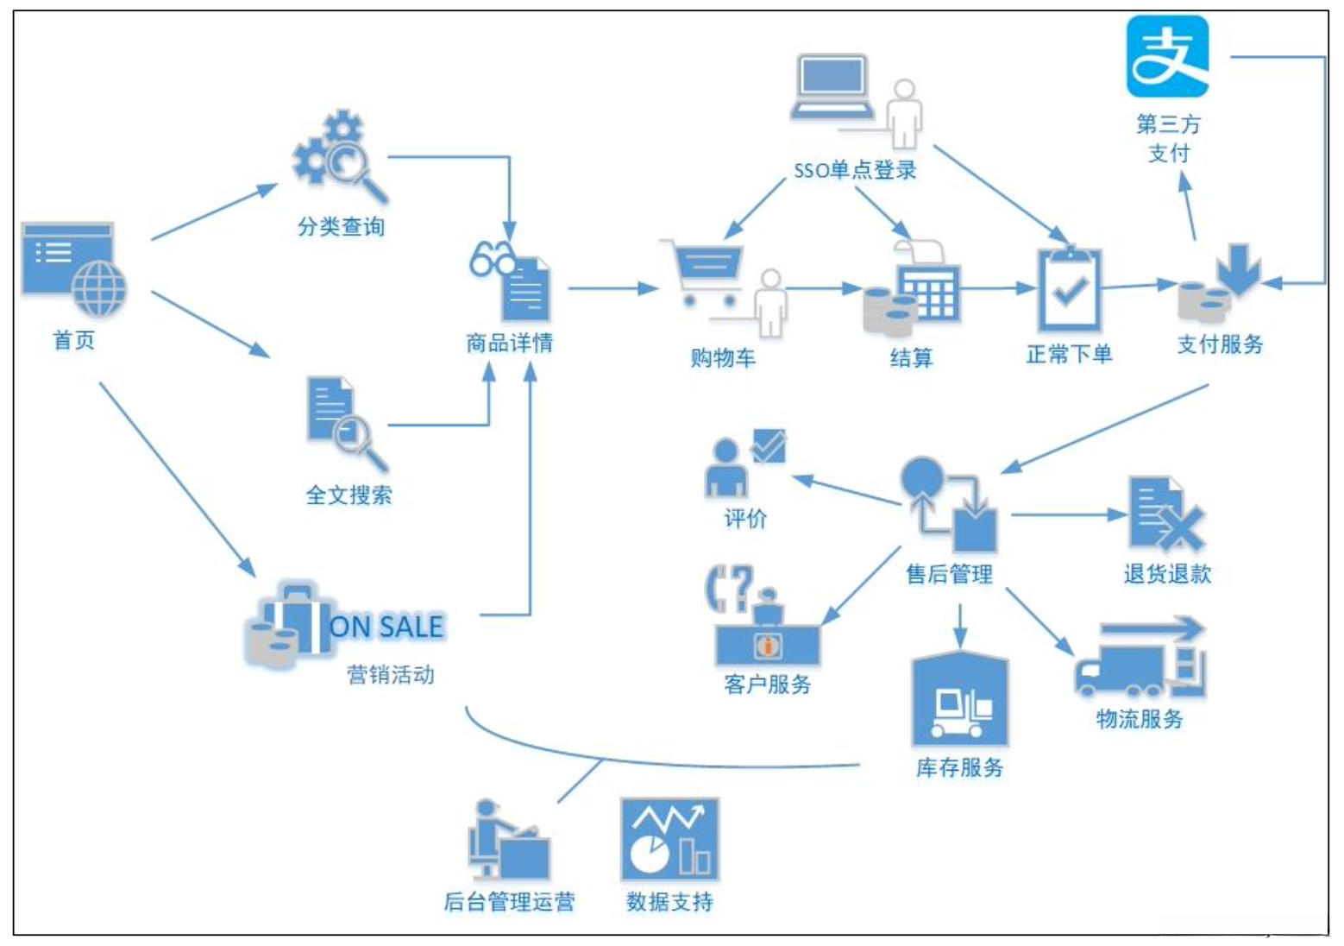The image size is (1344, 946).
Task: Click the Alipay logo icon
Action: (x=1167, y=57)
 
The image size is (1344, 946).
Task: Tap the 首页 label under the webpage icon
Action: (x=74, y=340)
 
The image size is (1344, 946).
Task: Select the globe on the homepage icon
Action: (x=99, y=289)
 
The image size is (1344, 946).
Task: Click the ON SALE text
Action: (x=386, y=627)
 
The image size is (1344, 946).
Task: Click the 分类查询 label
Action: (x=341, y=227)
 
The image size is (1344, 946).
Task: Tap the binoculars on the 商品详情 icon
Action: (x=490, y=258)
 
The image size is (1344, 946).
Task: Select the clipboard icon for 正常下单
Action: (x=1069, y=290)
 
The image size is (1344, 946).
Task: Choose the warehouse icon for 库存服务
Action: (x=960, y=700)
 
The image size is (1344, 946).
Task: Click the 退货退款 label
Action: (x=1167, y=574)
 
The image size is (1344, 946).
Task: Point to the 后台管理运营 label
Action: (x=509, y=902)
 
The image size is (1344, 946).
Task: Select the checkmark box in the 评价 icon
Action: (x=768, y=446)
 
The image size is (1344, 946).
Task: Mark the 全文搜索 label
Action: (x=349, y=495)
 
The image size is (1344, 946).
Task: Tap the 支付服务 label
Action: (x=1220, y=344)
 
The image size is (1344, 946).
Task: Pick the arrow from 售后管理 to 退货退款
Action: (x=1070, y=515)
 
